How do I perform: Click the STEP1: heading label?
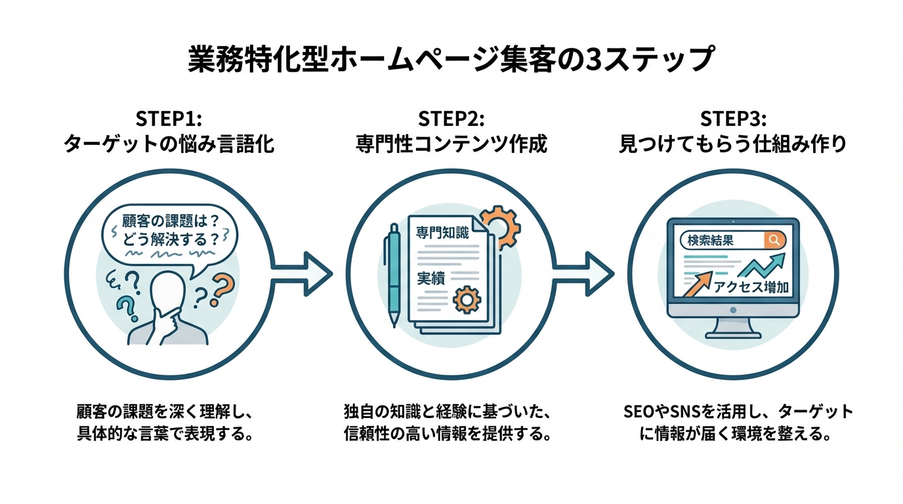169,119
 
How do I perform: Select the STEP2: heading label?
451,119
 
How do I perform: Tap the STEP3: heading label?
733,119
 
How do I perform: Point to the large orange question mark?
222,289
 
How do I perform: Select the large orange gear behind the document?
499,227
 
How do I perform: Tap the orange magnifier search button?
775,240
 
